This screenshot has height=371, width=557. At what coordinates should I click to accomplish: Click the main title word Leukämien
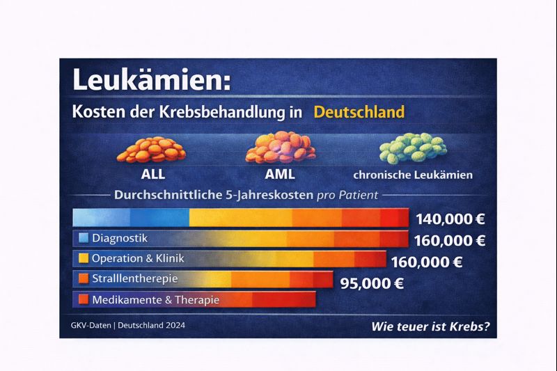[147, 80]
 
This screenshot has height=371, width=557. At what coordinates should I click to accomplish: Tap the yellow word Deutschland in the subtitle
[359, 111]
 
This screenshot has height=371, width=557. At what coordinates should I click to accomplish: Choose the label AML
[281, 174]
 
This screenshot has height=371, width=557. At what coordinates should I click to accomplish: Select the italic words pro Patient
[347, 196]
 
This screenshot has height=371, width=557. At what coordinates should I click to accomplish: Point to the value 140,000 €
[450, 219]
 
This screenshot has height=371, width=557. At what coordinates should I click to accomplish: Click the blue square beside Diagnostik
[84, 238]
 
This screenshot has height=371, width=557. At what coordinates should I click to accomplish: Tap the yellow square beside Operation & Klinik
[84, 259]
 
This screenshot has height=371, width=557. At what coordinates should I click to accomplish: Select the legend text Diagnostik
[119, 238]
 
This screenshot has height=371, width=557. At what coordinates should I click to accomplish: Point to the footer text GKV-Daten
[87, 325]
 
